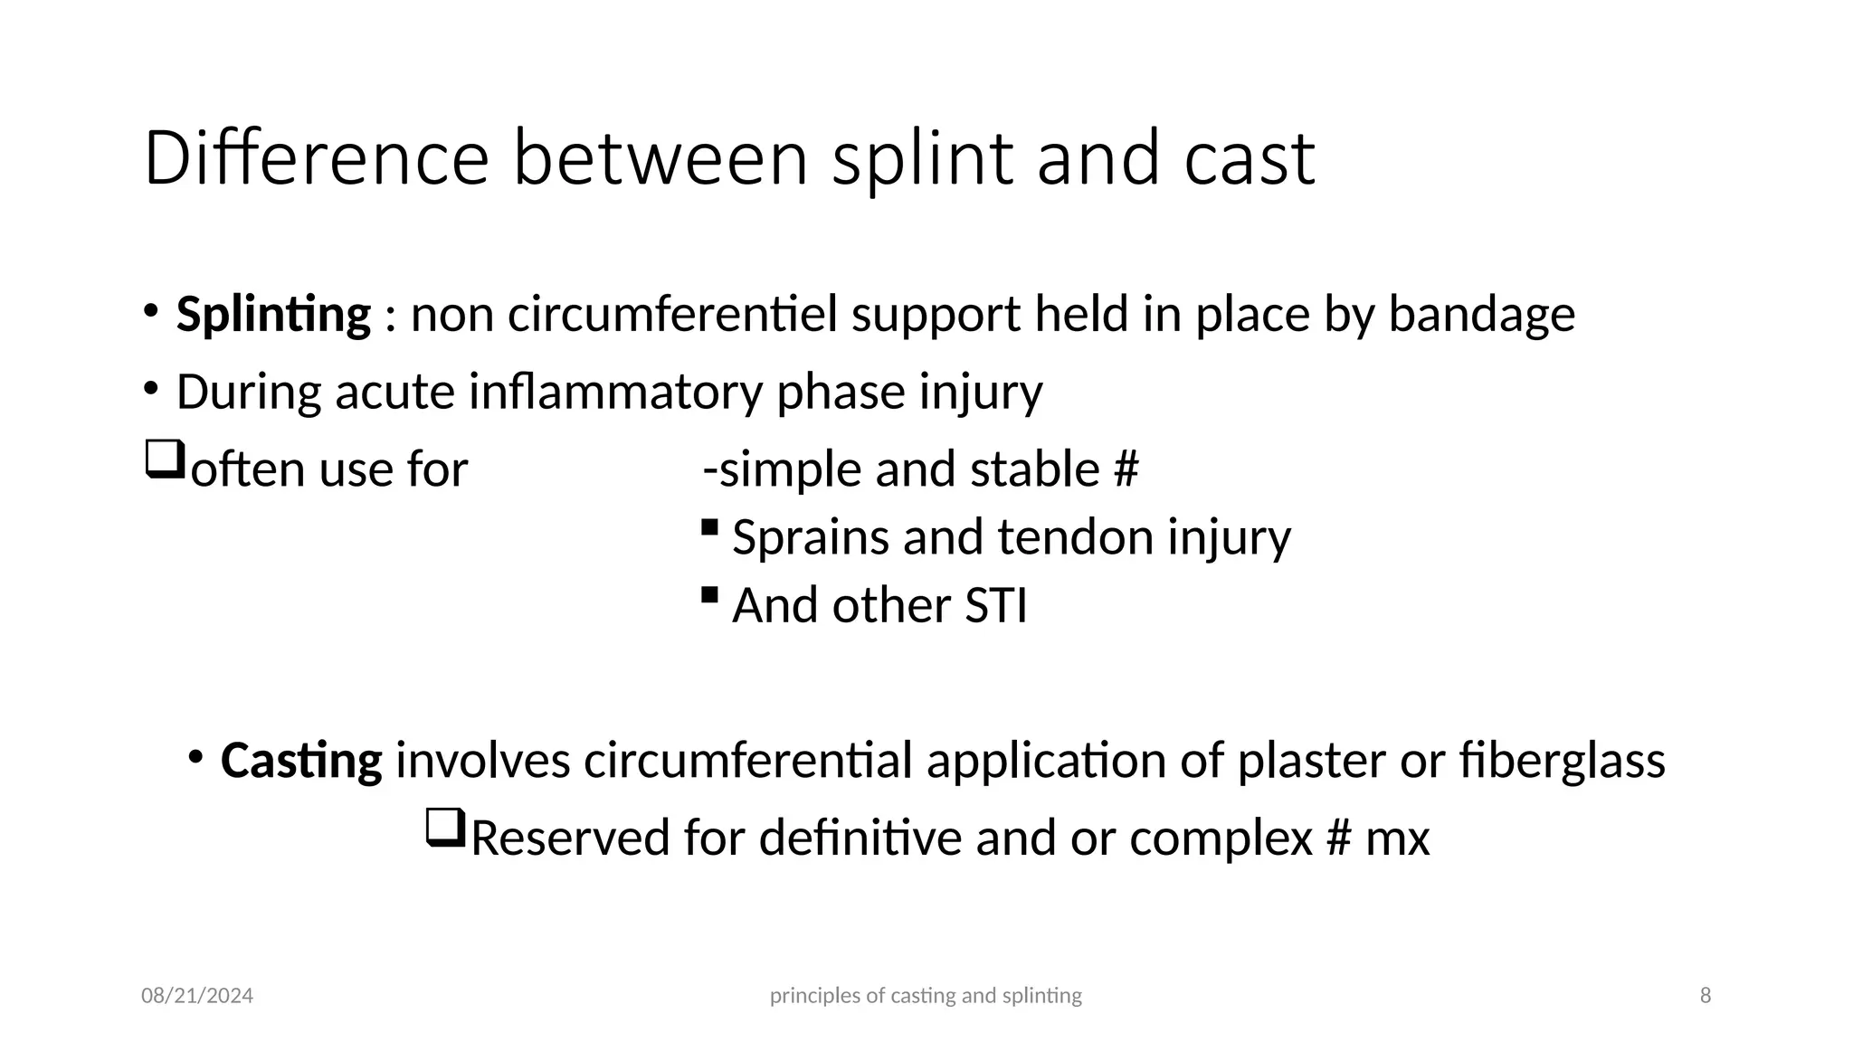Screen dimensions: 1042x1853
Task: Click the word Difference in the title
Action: pyautogui.click(x=316, y=158)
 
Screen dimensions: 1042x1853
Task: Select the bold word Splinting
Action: pyautogui.click(x=273, y=316)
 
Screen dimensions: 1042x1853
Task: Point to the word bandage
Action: pyautogui.click(x=1481, y=316)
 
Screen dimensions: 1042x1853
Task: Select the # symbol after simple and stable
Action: pyautogui.click(x=1126, y=470)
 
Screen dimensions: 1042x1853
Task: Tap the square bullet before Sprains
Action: pyautogui.click(x=709, y=526)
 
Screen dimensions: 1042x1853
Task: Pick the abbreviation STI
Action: pyautogui.click(x=995, y=605)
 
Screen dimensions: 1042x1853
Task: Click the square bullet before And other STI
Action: pyautogui.click(x=709, y=595)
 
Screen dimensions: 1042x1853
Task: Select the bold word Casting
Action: pyautogui.click(x=301, y=761)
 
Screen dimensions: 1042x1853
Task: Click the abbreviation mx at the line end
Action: pyautogui.click(x=1397, y=838)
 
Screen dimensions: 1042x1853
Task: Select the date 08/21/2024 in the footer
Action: pyautogui.click(x=197, y=996)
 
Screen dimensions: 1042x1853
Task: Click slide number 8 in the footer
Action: pyautogui.click(x=1706, y=996)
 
